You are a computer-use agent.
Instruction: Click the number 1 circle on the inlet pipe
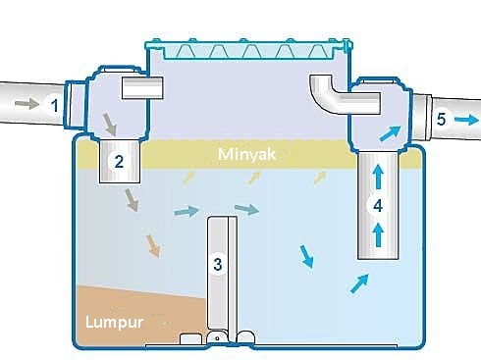pyautogui.click(x=56, y=102)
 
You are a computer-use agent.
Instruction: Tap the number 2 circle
pyautogui.click(x=119, y=163)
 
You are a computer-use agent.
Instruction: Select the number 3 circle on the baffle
pyautogui.click(x=218, y=263)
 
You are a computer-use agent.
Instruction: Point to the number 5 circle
pyautogui.click(x=441, y=119)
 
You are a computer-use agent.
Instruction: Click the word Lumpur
pyautogui.click(x=110, y=322)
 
